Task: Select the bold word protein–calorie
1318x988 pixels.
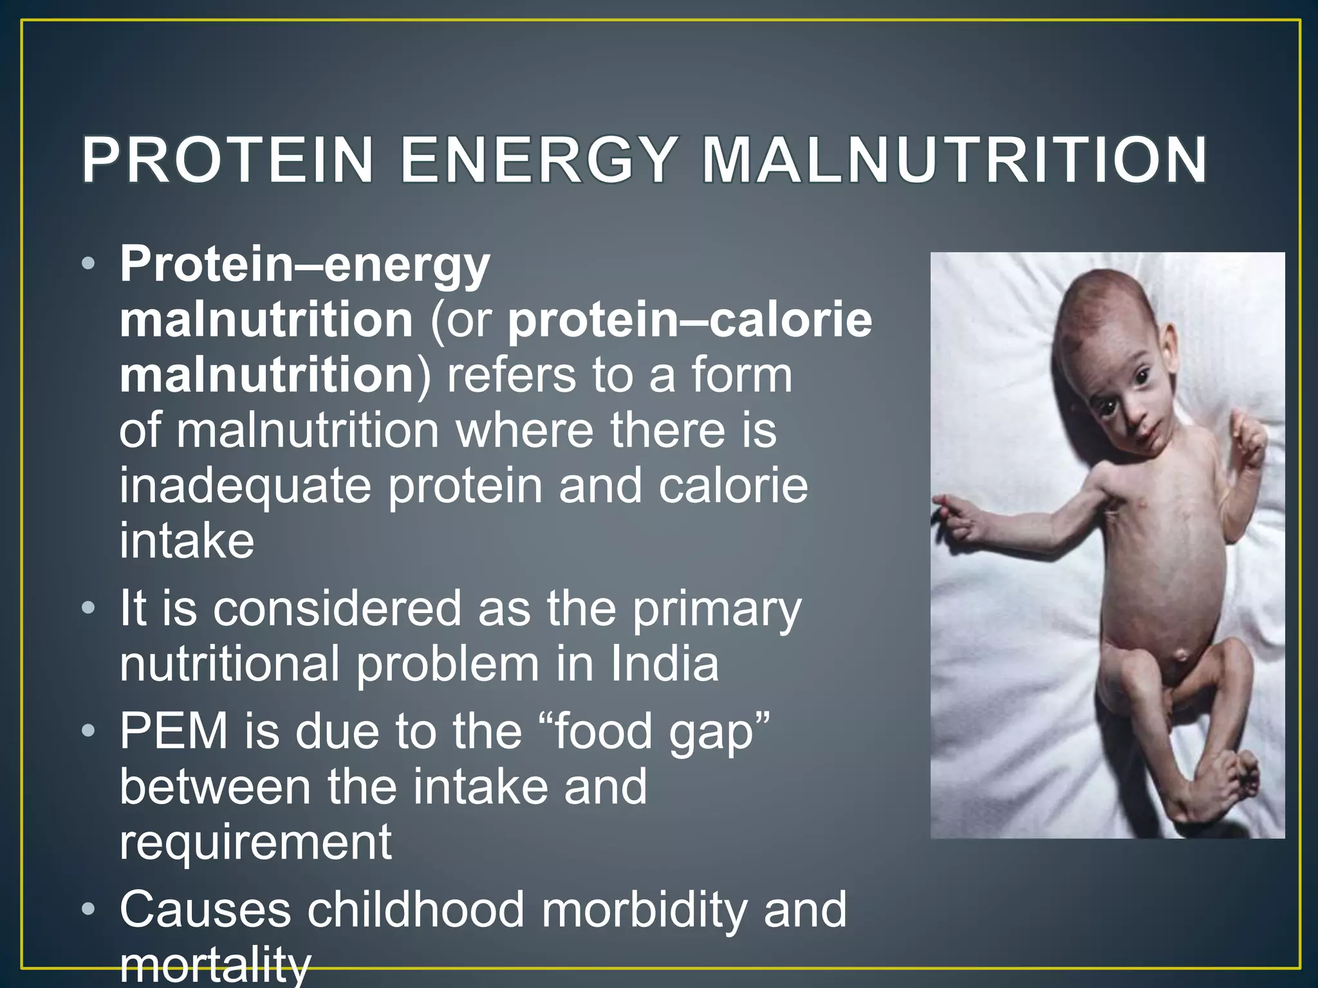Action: (689, 320)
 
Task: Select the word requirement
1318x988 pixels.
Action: (255, 843)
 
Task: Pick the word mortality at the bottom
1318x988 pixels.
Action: (215, 965)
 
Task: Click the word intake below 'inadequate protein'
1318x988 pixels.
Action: (187, 540)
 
